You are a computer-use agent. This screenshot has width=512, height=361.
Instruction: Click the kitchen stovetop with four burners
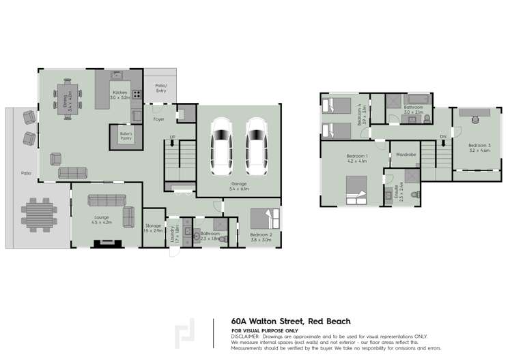137,95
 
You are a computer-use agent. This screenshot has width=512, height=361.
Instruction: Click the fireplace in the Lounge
107,242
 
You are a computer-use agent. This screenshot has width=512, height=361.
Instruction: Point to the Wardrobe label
403,155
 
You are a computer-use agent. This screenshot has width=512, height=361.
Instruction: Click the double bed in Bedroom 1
358,189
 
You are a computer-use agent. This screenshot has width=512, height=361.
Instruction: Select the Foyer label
158,119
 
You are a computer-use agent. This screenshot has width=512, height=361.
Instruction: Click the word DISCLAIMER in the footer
245,336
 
